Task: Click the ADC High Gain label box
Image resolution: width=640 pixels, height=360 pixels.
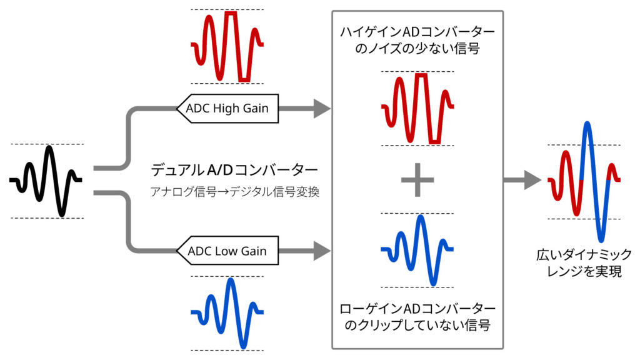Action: coord(227,109)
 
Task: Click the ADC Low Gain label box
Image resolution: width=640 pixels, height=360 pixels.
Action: coord(227,251)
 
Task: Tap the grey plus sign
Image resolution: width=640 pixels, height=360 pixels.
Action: coord(417,180)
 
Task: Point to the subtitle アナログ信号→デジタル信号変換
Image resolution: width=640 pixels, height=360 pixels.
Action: coord(235,191)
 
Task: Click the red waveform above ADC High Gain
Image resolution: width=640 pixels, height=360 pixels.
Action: coord(227,46)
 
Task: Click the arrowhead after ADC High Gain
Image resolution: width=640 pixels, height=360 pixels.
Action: coord(322,109)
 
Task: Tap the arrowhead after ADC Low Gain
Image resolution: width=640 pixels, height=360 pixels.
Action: coord(322,251)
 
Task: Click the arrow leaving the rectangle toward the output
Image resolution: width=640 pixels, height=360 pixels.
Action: coord(522,180)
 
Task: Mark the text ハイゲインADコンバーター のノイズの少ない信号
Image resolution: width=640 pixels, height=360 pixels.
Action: coord(417,40)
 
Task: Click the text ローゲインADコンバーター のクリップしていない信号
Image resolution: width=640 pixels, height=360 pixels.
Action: coord(417,317)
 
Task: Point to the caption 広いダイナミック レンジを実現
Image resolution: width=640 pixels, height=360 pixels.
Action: coord(584,263)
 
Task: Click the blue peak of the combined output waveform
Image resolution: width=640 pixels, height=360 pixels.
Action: coord(587,123)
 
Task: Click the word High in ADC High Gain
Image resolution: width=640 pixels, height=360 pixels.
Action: coord(226,109)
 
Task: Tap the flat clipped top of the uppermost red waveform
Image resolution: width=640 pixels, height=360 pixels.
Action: coord(231,13)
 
